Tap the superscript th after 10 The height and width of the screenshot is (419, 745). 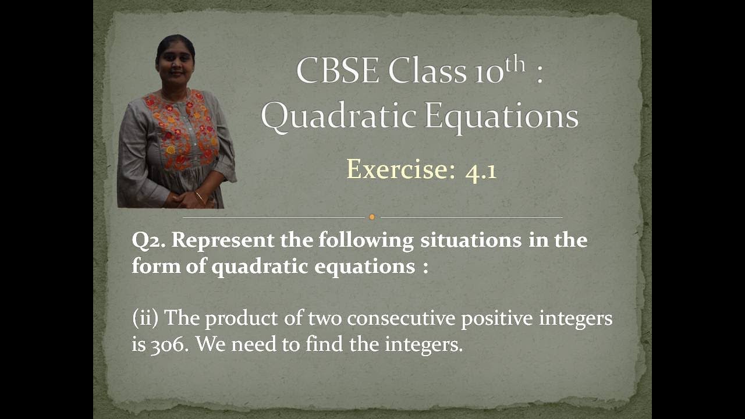pyautogui.click(x=516, y=65)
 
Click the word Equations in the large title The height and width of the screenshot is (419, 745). pyautogui.click(x=501, y=116)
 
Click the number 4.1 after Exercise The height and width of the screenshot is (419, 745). pyautogui.click(x=481, y=171)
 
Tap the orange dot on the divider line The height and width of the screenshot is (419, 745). pyautogui.click(x=372, y=217)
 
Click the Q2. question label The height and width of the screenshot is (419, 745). pyautogui.click(x=148, y=241)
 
